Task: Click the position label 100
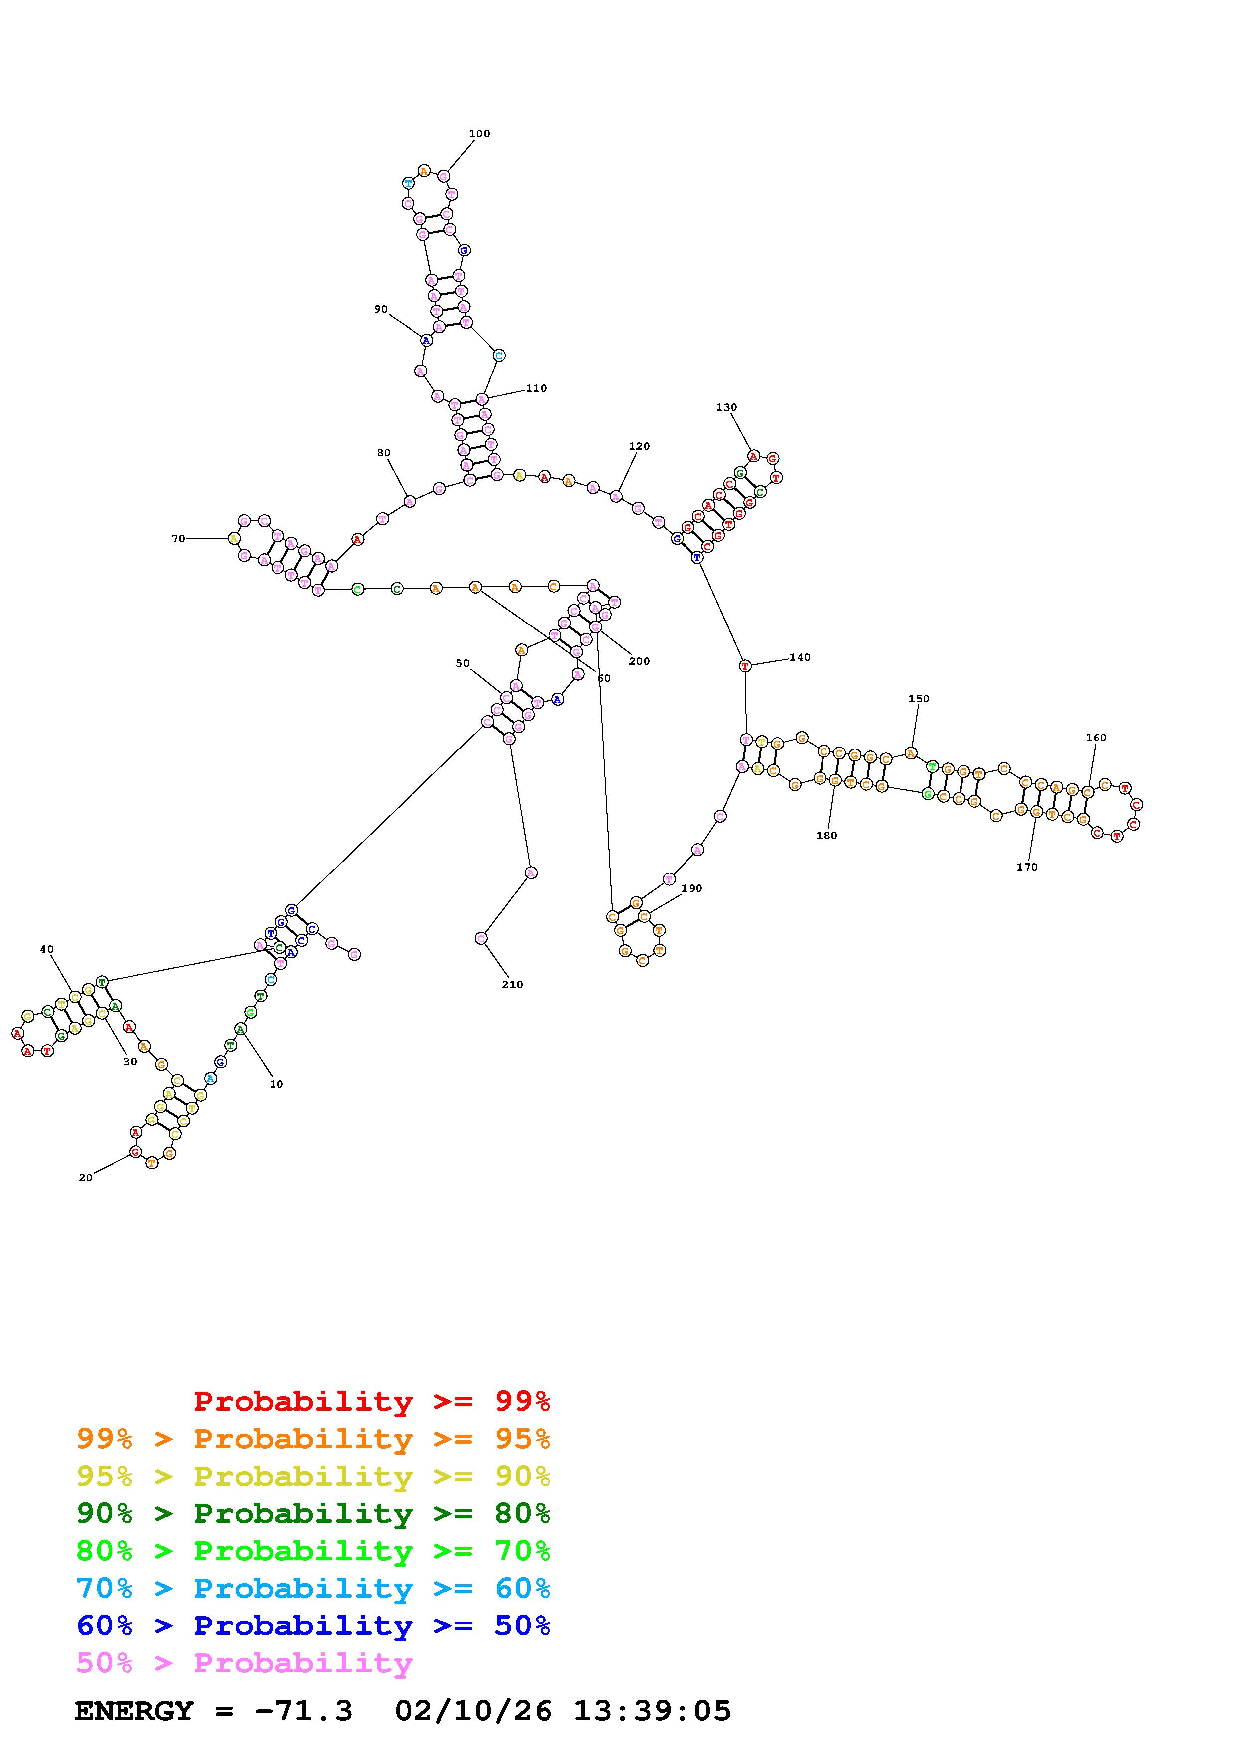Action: [x=479, y=134]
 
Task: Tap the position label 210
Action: [x=512, y=985]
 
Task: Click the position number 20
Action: [x=85, y=1178]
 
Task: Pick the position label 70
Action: [x=178, y=539]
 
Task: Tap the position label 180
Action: [x=826, y=836]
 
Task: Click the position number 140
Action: [x=800, y=657]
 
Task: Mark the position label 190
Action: [x=691, y=888]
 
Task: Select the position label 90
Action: [x=381, y=310]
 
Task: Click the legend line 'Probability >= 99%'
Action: [x=372, y=1401]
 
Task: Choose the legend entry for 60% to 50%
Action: [x=313, y=1625]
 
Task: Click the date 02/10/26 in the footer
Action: [x=473, y=1711]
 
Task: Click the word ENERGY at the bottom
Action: [x=134, y=1711]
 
